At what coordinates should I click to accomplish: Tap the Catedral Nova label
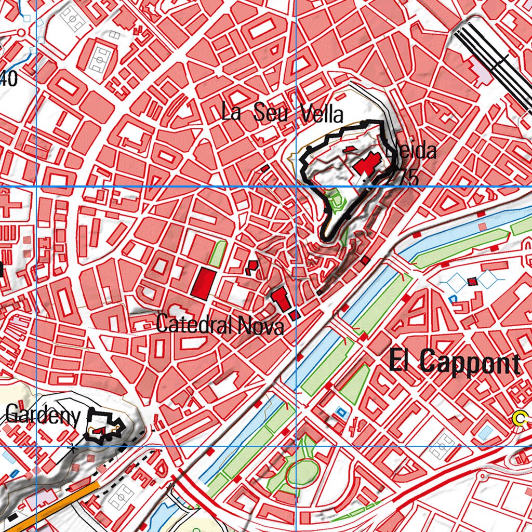click(x=220, y=326)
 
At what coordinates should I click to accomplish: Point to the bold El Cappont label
click(x=455, y=362)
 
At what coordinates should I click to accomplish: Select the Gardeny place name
click(x=44, y=415)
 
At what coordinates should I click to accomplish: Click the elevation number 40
click(x=8, y=79)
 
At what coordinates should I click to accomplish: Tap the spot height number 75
click(x=409, y=178)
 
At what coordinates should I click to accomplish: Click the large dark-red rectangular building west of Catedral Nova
click(x=203, y=284)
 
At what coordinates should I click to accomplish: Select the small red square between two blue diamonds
click(x=472, y=282)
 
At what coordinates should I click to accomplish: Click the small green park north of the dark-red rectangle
click(x=218, y=254)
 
